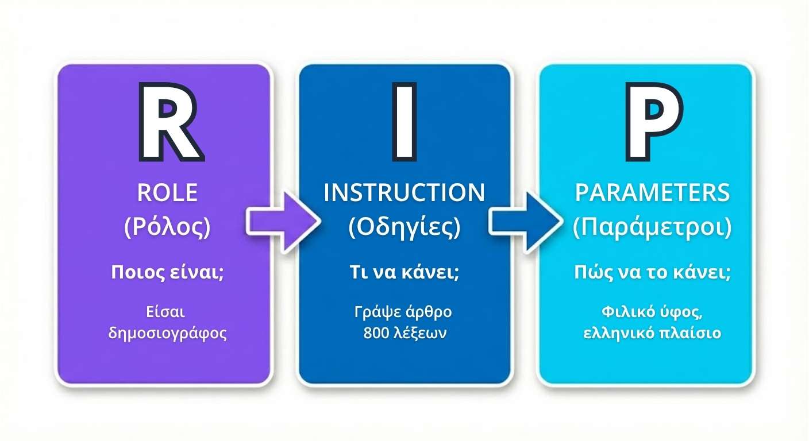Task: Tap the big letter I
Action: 404,121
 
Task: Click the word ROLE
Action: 167,193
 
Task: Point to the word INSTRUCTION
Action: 404,193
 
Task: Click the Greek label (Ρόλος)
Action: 167,228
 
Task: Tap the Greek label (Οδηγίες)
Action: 404,228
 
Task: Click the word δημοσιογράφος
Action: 167,334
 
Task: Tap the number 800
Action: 377,333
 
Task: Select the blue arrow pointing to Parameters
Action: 523,219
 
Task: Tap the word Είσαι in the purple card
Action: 167,313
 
